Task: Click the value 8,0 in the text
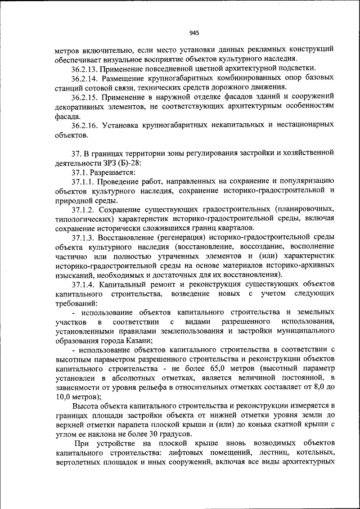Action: coord(312,386)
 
